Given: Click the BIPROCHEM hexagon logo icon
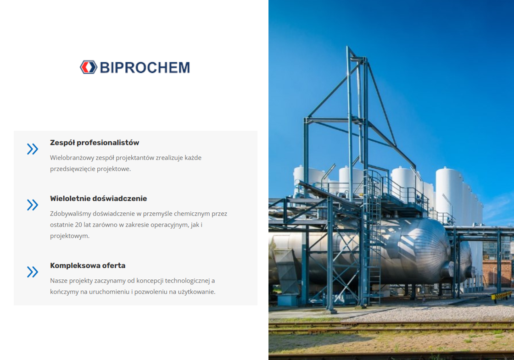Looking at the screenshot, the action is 89,67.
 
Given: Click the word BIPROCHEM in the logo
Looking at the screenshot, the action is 145,68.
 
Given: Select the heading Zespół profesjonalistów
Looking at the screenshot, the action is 95,143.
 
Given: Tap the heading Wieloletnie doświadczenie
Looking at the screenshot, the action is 98,199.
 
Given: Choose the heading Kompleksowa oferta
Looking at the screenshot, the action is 88,266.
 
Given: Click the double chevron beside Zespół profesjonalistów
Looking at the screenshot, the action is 33,149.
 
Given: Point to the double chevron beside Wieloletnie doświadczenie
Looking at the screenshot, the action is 33,205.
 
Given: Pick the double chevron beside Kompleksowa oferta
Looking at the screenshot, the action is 33,272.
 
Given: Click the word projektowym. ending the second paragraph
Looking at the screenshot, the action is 69,236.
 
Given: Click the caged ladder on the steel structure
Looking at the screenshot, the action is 374,236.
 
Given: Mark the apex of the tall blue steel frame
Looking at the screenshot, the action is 348,47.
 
